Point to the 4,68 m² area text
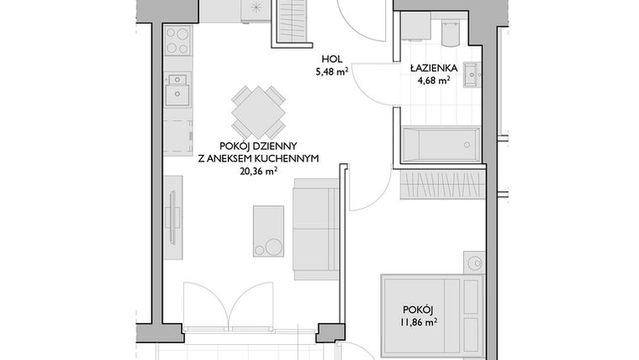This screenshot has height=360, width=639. [x=433, y=82]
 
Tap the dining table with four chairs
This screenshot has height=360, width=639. [x=258, y=110]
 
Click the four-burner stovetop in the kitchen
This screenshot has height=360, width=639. [x=177, y=40]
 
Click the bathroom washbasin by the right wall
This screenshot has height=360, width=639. [x=473, y=73]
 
